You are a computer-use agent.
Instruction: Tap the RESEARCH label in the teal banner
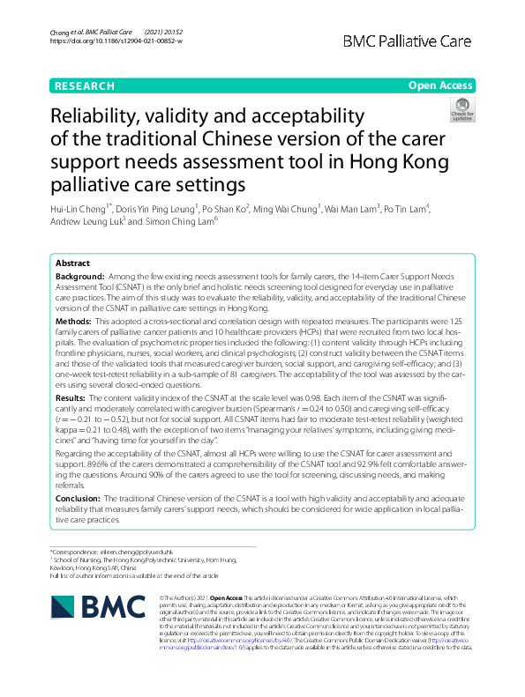85,85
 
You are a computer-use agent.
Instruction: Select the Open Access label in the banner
439,85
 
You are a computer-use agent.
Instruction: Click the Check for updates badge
461,112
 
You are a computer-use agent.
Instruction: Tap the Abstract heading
72,263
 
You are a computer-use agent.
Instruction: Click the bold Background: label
78,277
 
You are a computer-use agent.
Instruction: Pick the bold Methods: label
73,323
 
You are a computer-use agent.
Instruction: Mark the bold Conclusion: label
79,498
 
